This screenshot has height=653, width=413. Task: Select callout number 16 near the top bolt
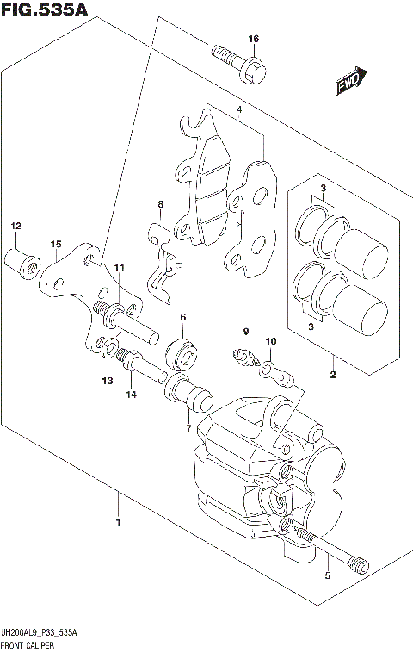click(x=253, y=40)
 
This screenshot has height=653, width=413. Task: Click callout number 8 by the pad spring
click(x=159, y=204)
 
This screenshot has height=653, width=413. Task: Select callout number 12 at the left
click(x=15, y=226)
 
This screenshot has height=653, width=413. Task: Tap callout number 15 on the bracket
click(x=55, y=245)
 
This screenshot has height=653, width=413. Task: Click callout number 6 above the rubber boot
click(x=183, y=318)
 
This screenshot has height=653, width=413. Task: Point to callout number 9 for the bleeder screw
click(x=244, y=332)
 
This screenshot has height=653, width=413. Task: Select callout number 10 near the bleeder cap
click(x=271, y=342)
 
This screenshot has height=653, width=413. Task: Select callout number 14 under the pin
click(x=132, y=395)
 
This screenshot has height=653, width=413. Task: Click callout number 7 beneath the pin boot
click(x=188, y=428)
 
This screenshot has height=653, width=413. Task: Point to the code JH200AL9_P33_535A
click(x=40, y=633)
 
